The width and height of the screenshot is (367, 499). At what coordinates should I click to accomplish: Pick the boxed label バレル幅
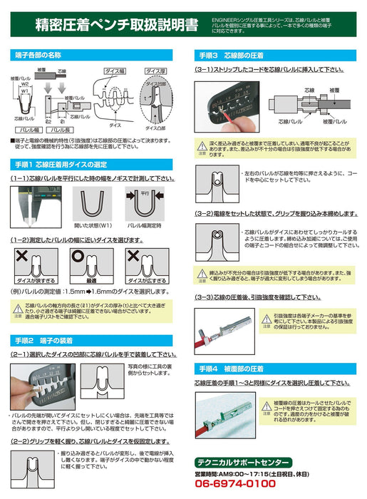pyautogui.click(x=28, y=132)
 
